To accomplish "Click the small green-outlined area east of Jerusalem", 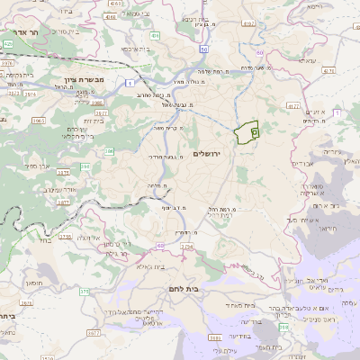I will [246, 133].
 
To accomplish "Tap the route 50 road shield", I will [204, 49].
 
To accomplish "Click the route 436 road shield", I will [156, 37].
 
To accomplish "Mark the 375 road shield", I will [85, 291].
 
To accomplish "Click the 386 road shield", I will [109, 152].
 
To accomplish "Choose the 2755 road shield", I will [65, 237].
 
